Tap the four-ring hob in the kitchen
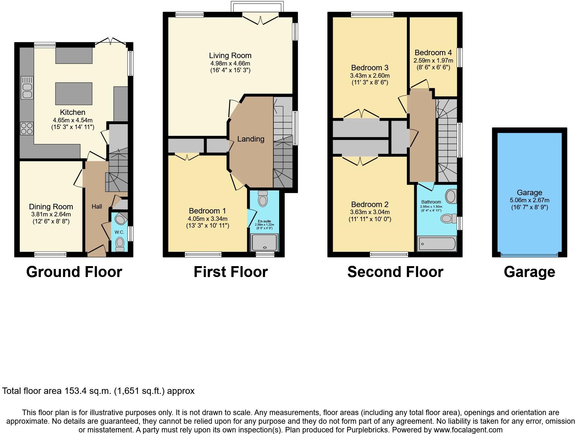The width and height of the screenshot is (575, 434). click(27, 128)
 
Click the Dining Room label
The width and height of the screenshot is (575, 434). click(51, 207)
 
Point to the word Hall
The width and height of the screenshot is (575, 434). click(97, 206)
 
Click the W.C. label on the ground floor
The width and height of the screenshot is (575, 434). click(119, 232)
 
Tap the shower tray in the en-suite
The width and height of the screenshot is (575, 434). click(264, 242)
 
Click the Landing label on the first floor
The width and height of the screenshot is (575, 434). click(251, 139)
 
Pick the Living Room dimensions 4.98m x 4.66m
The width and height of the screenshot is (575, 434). click(230, 63)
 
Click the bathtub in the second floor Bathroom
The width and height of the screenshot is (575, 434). click(437, 244)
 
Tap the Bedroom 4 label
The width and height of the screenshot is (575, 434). click(433, 53)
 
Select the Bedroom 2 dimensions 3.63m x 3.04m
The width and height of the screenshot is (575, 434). click(370, 212)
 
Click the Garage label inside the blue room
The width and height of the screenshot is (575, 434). click(529, 193)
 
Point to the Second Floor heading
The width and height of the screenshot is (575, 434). click(395, 272)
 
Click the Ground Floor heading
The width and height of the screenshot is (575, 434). click(74, 272)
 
